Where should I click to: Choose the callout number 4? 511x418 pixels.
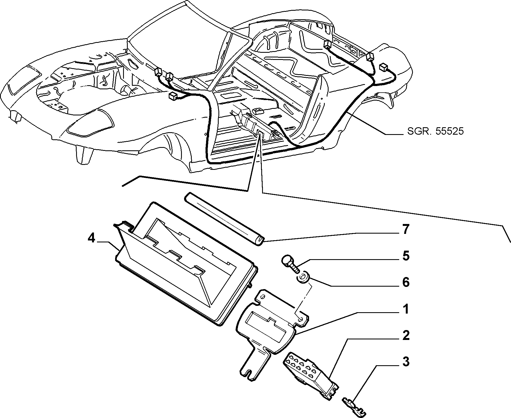point(91,238)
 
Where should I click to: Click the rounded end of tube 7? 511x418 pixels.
point(260,242)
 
